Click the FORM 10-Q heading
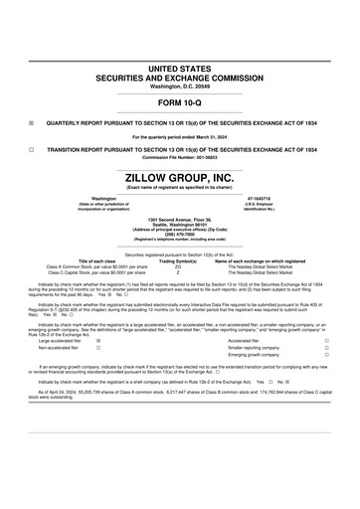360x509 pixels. (180, 103)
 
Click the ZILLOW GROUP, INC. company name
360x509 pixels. (180, 178)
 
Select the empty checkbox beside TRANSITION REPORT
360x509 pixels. (31, 150)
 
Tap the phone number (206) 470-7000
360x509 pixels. (180, 236)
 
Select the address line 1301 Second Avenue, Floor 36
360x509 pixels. (180, 219)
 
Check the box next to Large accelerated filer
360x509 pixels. (97, 340)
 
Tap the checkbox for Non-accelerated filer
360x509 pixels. (97, 348)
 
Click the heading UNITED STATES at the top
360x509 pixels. (180, 68)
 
